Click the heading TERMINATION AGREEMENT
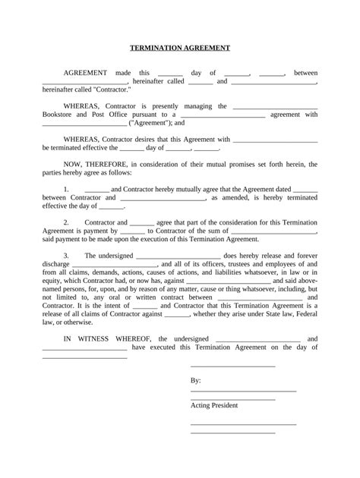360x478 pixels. tap(180, 47)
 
